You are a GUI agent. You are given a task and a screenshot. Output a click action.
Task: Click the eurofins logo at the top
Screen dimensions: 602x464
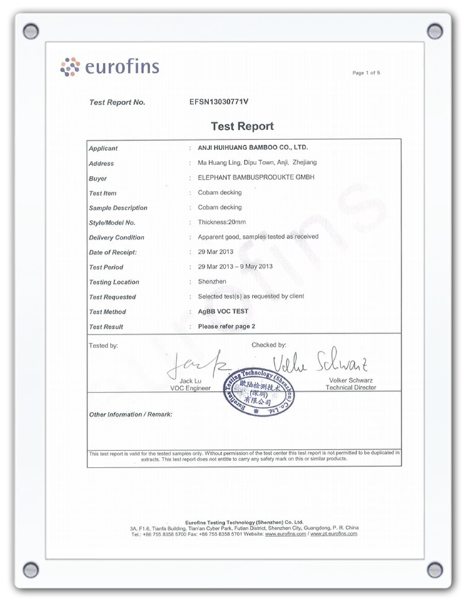coord(109,68)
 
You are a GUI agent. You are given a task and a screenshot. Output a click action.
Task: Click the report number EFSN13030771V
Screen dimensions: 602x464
coord(218,102)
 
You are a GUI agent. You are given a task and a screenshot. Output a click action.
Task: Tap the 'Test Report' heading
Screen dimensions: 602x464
coord(242,126)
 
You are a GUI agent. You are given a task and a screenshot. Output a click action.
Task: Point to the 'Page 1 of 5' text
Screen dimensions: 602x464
coord(366,73)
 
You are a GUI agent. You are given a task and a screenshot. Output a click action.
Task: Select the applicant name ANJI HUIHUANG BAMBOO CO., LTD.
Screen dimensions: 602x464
coord(252,148)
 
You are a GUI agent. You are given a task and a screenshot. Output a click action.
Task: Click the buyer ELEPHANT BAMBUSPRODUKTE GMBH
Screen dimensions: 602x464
coord(256,178)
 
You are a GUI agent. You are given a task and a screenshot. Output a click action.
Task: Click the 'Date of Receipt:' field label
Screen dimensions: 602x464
coord(113,252)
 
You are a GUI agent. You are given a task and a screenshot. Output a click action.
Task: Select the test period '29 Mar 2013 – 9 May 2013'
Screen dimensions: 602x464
coord(236,267)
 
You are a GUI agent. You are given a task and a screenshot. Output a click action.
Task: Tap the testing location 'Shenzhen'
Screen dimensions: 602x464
coord(213,282)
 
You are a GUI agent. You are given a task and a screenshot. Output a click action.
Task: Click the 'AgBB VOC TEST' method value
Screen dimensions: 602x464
coord(223,312)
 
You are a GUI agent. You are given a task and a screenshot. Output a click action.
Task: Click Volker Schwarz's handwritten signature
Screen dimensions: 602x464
coord(321,362)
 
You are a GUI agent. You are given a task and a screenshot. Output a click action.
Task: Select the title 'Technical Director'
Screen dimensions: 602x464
coord(350,388)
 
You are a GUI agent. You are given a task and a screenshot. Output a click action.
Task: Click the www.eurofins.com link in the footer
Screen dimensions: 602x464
coord(286,534)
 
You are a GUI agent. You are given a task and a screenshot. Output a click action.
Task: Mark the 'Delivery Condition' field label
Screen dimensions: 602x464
coord(116,237)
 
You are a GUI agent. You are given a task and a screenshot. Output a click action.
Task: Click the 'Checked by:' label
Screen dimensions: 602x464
coord(268,345)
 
